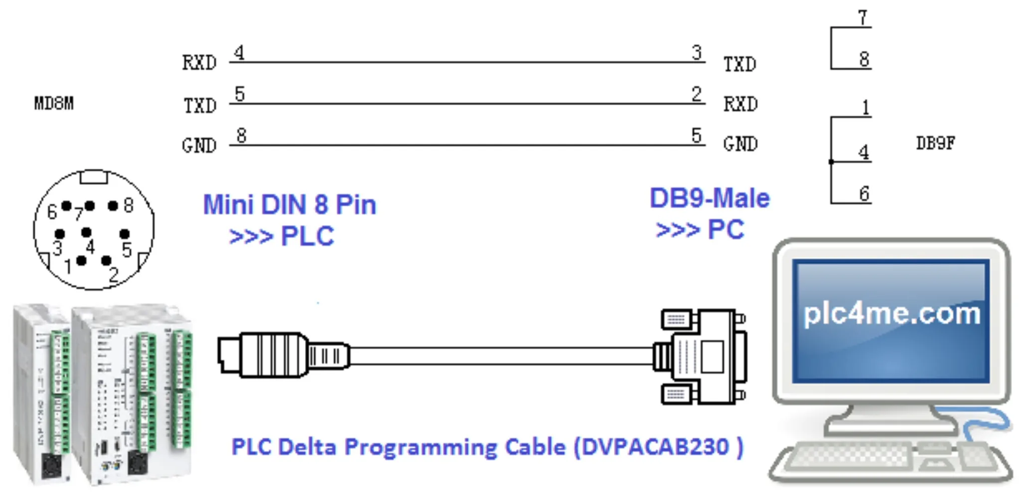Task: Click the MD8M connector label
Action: pyautogui.click(x=54, y=103)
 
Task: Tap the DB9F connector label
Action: pyautogui.click(x=935, y=143)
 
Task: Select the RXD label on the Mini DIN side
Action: pyautogui.click(x=199, y=63)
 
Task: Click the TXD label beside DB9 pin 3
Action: pyautogui.click(x=740, y=64)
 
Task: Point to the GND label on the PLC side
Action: pyautogui.click(x=199, y=145)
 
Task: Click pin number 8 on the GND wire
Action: pyautogui.click(x=241, y=135)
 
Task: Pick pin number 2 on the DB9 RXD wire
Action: pyautogui.click(x=697, y=94)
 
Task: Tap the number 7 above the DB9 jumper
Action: pyautogui.click(x=863, y=18)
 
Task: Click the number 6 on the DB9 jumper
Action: pyautogui.click(x=865, y=193)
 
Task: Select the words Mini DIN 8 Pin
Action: pyautogui.click(x=290, y=205)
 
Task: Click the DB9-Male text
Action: pyautogui.click(x=710, y=198)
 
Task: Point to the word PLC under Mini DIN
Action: pyautogui.click(x=307, y=236)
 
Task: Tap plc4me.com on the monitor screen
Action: pyautogui.click(x=891, y=314)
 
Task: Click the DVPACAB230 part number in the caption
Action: pyautogui.click(x=656, y=447)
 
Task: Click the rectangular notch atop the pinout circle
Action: pyautogui.click(x=94, y=177)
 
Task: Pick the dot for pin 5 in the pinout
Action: pyautogui.click(x=125, y=234)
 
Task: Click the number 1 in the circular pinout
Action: pyautogui.click(x=68, y=267)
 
